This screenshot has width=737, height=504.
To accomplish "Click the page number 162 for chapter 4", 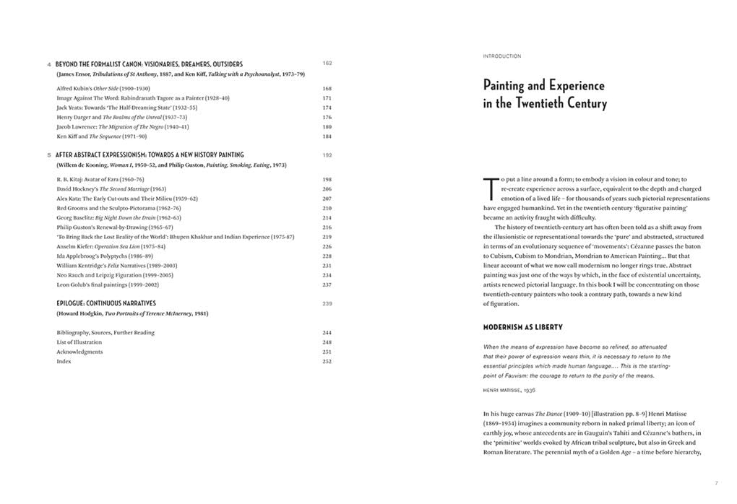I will pyautogui.click(x=327, y=64).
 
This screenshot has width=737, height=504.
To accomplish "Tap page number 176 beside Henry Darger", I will pyautogui.click(x=327, y=117).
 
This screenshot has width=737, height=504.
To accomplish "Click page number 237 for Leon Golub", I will pyautogui.click(x=327, y=284).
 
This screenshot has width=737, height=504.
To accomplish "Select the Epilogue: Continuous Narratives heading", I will pyautogui.click(x=106, y=303).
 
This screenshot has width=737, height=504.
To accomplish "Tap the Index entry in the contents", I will pyautogui.click(x=64, y=361).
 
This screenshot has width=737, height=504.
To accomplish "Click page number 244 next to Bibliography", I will pyautogui.click(x=327, y=333).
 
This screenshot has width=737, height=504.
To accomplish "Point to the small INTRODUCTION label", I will pyautogui.click(x=502, y=56).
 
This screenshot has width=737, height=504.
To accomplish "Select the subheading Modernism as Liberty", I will pyautogui.click(x=522, y=328).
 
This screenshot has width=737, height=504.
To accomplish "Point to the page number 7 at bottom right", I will pyautogui.click(x=716, y=482).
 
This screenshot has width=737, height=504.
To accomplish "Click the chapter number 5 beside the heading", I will pyautogui.click(x=49, y=155).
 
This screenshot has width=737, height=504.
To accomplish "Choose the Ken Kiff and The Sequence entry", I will pyautogui.click(x=102, y=136).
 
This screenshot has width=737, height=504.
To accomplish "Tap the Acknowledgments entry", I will pyautogui.click(x=79, y=352).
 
